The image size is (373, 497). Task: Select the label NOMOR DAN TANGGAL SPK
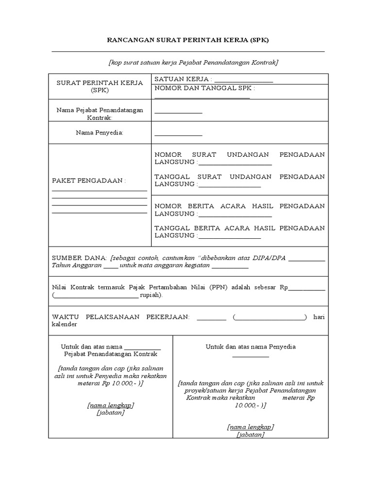click(204, 88)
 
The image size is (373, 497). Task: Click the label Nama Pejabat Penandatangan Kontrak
click(100, 114)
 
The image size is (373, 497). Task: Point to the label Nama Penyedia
click(100, 133)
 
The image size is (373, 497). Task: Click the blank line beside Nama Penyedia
click(178, 134)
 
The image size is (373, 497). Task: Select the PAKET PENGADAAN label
click(89, 181)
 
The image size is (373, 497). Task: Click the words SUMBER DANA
click(79, 258)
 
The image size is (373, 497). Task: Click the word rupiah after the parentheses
click(151, 295)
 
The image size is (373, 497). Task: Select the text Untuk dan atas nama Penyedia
click(251, 347)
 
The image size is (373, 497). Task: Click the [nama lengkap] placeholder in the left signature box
click(111, 405)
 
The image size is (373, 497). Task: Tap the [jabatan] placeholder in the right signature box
click(251, 435)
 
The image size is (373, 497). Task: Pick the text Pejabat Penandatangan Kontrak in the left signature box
click(111, 354)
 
